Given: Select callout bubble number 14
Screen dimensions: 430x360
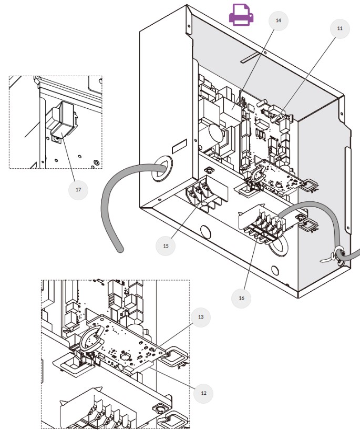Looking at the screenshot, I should (278, 20).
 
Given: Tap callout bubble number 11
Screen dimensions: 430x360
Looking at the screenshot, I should (340, 28).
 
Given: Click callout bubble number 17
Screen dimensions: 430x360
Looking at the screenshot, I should (78, 190).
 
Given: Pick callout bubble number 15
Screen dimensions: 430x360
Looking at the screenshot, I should (166, 245).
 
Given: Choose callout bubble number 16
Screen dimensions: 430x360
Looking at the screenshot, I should (241, 298).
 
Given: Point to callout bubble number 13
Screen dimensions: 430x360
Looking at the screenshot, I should (201, 318).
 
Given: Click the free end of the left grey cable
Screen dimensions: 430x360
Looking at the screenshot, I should (120, 250).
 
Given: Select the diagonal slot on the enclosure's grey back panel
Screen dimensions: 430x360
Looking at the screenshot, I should (251, 56).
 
